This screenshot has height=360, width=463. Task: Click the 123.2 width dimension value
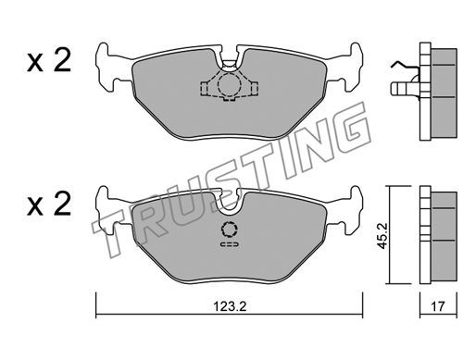pyautogui.click(x=230, y=306)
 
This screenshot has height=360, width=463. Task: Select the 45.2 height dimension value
pyautogui.click(x=382, y=236)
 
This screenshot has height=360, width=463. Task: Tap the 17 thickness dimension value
pyautogui.click(x=438, y=306)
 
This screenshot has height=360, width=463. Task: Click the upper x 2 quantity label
pyautogui.click(x=49, y=61)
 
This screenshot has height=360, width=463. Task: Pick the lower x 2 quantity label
pyautogui.click(x=49, y=204)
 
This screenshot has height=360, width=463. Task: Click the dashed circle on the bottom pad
pyautogui.click(x=230, y=229)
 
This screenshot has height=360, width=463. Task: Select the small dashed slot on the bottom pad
pyautogui.click(x=230, y=244)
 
